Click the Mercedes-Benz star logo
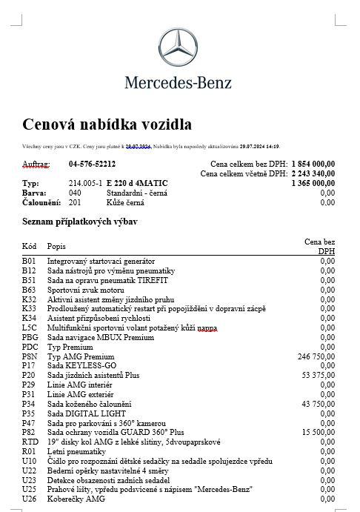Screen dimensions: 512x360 [x=179, y=47]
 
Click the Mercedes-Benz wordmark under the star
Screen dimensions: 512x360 [x=179, y=82]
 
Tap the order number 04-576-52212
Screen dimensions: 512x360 [x=92, y=164]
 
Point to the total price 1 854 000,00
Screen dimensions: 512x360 [x=313, y=164]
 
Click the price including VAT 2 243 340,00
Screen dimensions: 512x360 [x=313, y=173]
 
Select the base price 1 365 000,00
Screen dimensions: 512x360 [x=313, y=183]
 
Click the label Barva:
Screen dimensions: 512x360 [x=35, y=193]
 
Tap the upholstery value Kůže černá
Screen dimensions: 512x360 [x=127, y=202]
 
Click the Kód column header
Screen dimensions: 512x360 [x=30, y=245]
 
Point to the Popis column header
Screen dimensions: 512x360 [x=56, y=245]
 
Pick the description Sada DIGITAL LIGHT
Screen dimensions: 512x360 [x=83, y=413]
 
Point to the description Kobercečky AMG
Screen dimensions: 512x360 [x=76, y=498]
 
